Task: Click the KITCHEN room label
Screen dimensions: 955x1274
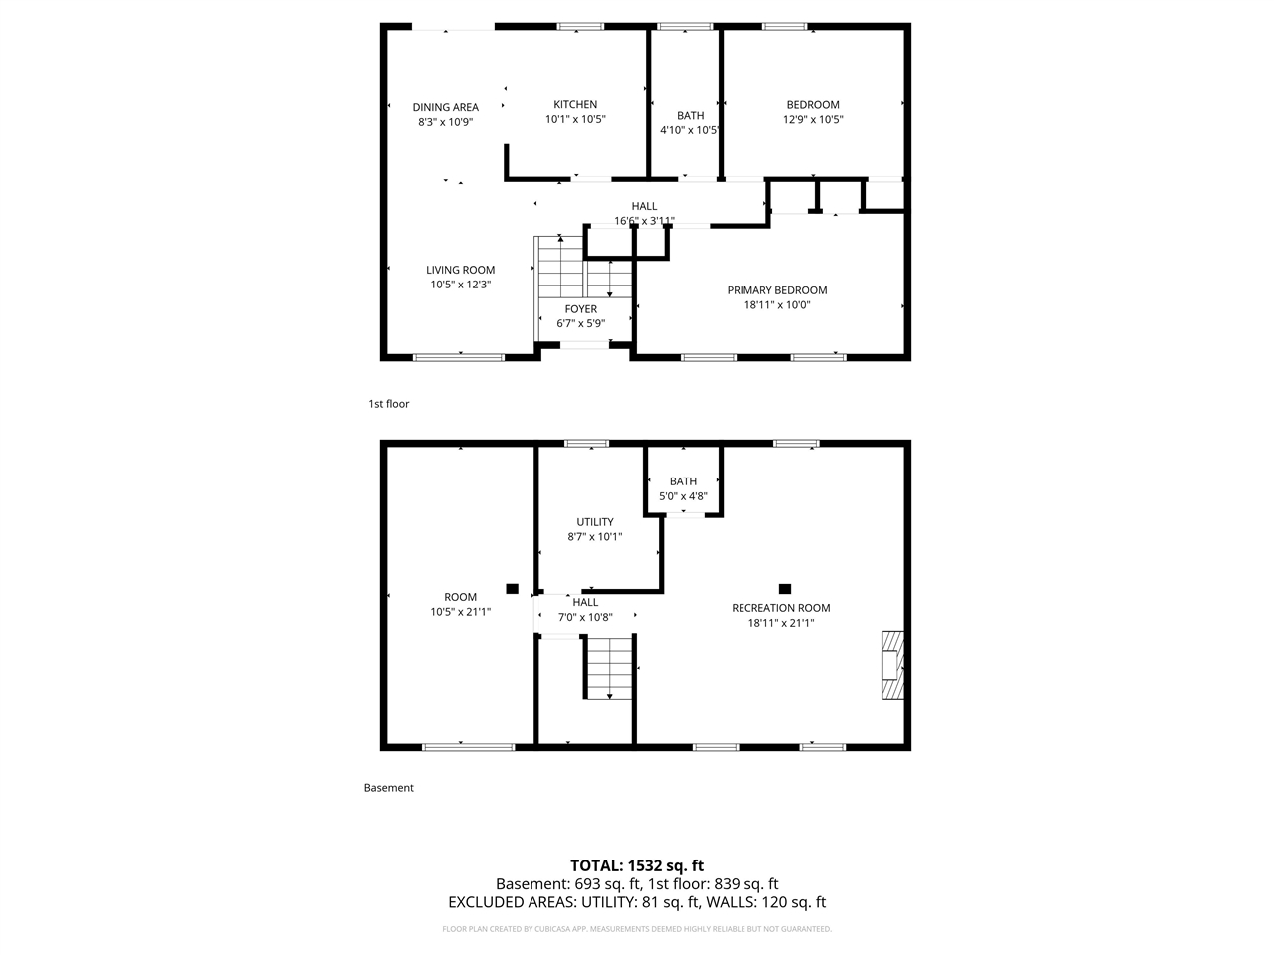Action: click(575, 104)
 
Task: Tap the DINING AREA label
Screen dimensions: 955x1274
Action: click(445, 107)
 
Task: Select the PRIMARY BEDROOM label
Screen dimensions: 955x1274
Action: click(776, 290)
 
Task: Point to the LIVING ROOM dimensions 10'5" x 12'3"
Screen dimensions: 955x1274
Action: click(460, 285)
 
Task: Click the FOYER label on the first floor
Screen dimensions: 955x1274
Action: click(580, 309)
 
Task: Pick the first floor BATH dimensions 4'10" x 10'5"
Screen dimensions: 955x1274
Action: click(690, 130)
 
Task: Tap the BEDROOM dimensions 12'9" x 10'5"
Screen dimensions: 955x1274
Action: click(813, 119)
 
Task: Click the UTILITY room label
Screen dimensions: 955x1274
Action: click(594, 522)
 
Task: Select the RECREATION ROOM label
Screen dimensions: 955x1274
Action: click(780, 608)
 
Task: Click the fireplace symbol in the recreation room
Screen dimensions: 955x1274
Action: click(893, 665)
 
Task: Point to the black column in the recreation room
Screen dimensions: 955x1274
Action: click(784, 589)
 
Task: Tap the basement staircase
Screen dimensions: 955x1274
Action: click(608, 668)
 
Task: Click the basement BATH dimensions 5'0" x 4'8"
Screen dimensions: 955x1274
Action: click(683, 496)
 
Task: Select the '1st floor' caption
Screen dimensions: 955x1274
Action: click(388, 404)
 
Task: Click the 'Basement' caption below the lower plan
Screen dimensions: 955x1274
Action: click(388, 788)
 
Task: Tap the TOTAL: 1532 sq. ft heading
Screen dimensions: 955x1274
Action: click(636, 865)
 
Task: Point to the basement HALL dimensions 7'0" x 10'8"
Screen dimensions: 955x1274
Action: click(585, 617)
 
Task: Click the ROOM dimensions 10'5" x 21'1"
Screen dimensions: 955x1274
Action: click(460, 612)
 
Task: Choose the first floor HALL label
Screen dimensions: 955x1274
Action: click(644, 206)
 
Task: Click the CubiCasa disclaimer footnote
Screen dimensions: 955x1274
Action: click(636, 929)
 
